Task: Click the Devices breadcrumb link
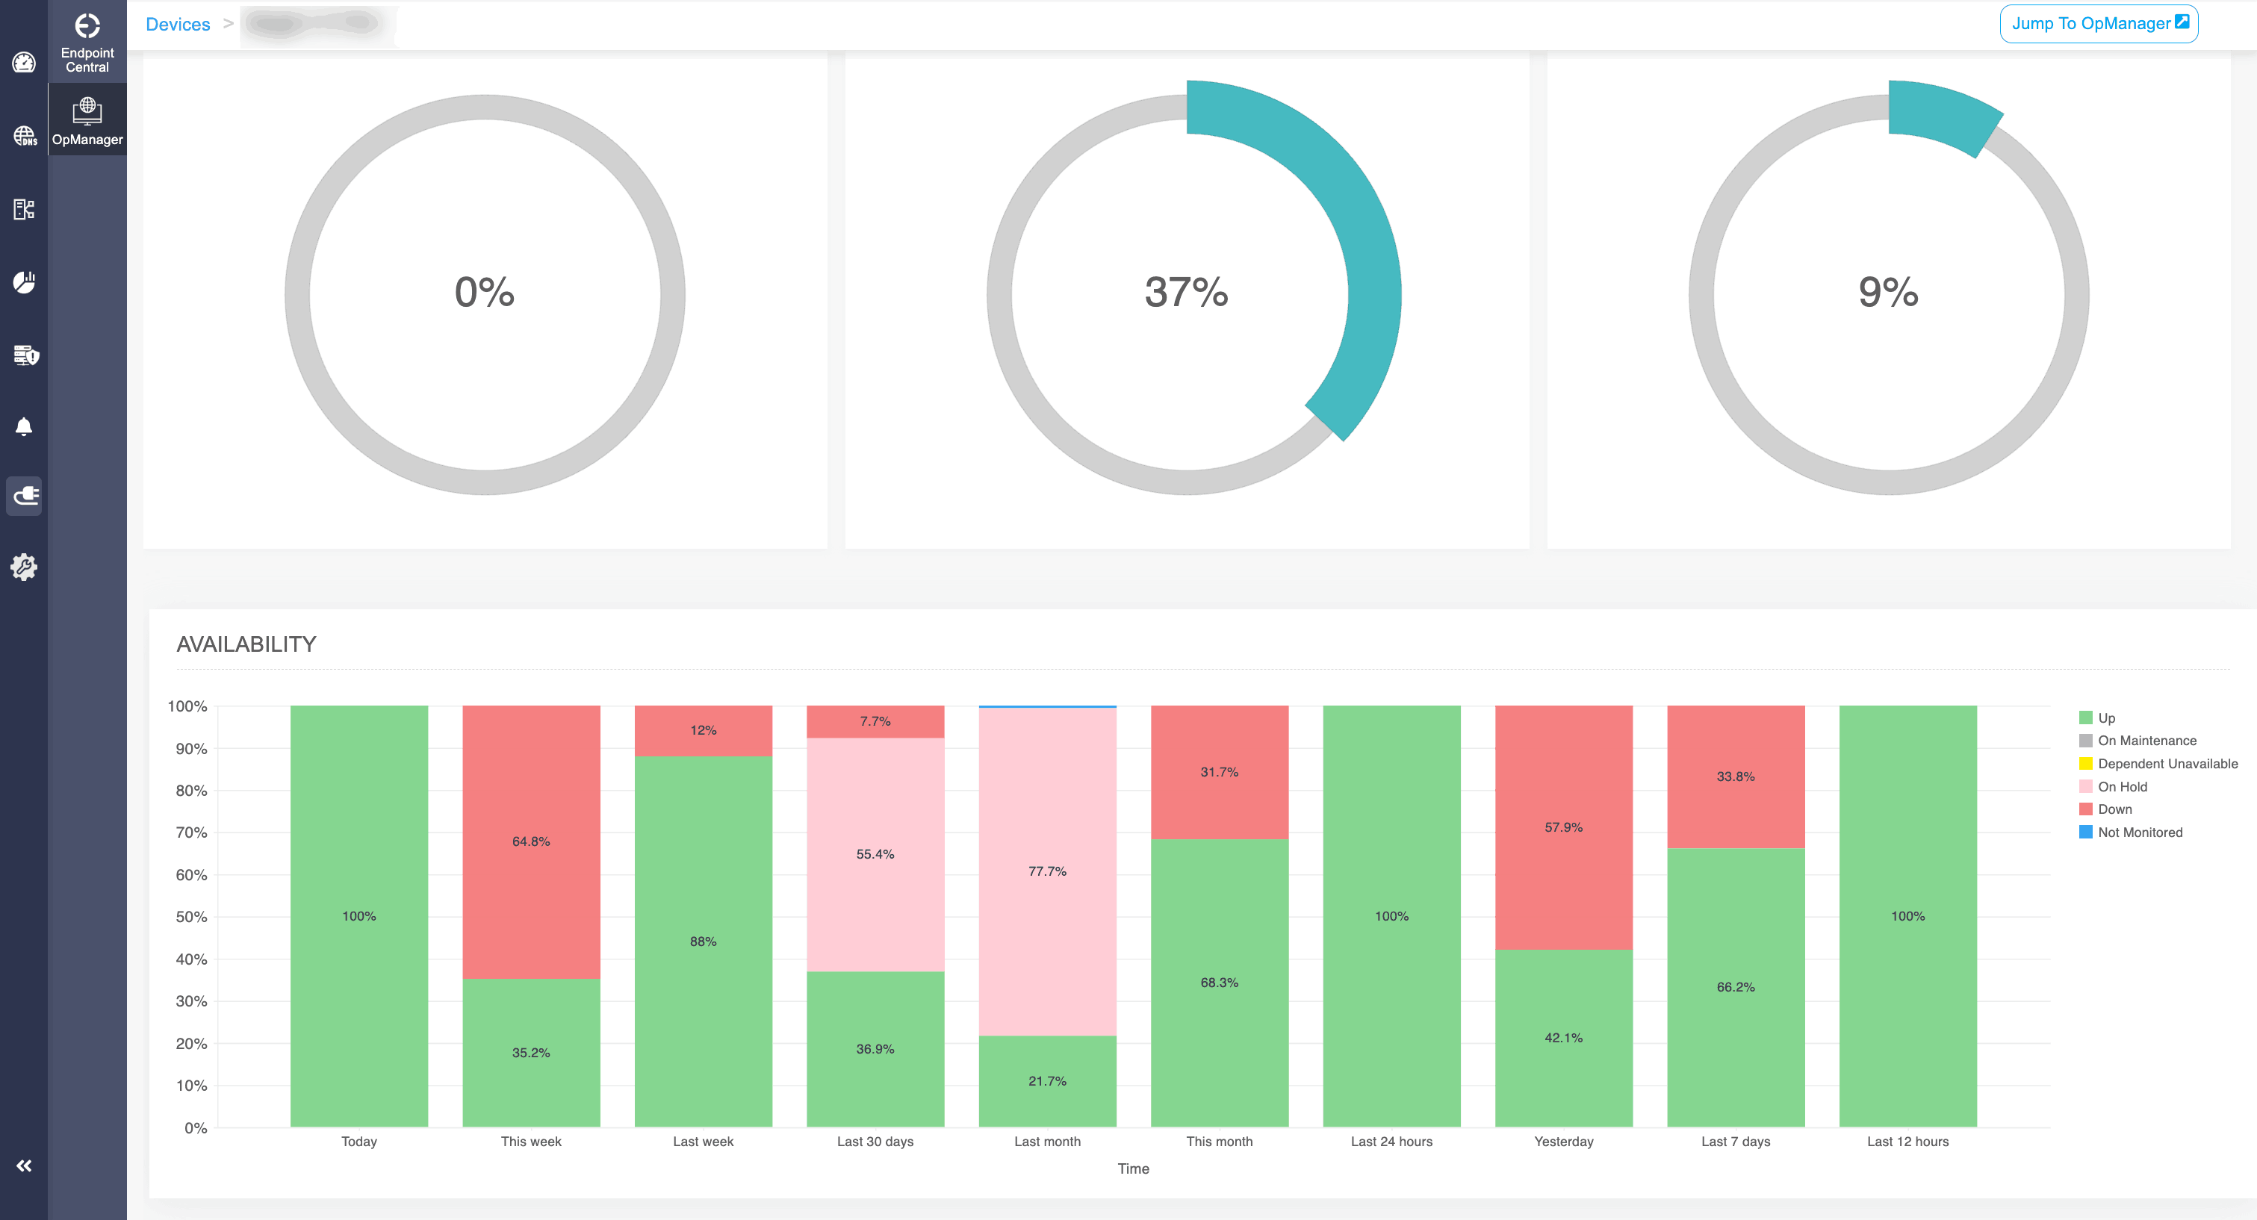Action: pos(178,25)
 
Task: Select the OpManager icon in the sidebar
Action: pos(87,120)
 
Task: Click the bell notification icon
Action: pos(24,426)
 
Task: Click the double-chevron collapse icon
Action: pos(24,1165)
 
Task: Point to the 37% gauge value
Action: pos(1186,293)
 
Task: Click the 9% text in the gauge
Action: pos(1888,293)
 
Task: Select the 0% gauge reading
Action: pos(485,293)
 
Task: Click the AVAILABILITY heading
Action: pos(246,644)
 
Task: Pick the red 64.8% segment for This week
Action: pos(531,841)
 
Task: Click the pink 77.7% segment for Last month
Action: pos(1047,871)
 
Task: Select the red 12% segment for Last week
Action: pos(703,730)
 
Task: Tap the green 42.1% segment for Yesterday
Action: pos(1563,1038)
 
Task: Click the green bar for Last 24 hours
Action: pos(1391,916)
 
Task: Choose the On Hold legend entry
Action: pos(2121,786)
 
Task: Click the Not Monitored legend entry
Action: pos(2139,832)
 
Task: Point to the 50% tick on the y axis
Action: pos(191,917)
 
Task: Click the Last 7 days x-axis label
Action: pos(1735,1141)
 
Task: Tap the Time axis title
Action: pos(1133,1168)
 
